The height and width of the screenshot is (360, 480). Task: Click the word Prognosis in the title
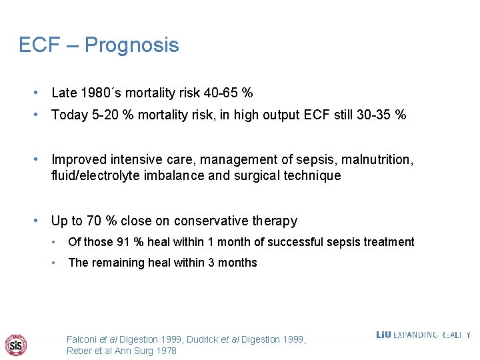click(x=132, y=45)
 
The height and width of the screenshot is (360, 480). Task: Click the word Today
click(x=70, y=115)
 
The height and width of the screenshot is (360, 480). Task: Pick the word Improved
click(x=78, y=160)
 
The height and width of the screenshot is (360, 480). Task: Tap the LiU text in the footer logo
click(x=383, y=335)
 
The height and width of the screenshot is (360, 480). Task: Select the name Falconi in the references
click(x=83, y=339)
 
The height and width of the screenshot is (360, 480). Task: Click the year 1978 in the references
click(x=166, y=351)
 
